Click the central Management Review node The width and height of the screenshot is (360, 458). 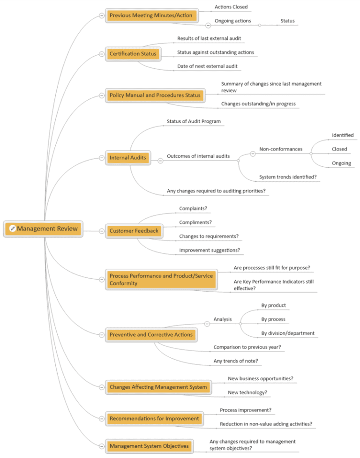(x=44, y=229)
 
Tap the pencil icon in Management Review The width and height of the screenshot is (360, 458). (x=13, y=229)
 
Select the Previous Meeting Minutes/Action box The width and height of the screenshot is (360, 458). (x=150, y=15)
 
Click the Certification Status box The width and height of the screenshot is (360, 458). (x=133, y=54)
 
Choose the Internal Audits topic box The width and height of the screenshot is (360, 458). (x=127, y=158)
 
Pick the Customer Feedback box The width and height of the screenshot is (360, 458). (x=134, y=231)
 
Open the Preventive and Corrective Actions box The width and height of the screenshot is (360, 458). (x=150, y=335)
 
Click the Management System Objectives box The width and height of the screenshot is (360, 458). (x=149, y=446)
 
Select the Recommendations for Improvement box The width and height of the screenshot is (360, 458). (x=154, y=418)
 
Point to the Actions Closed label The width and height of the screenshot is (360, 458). (x=231, y=7)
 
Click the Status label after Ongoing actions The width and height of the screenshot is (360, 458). (x=287, y=21)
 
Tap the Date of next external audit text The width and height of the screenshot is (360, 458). (x=207, y=66)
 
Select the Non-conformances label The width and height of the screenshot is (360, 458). (x=281, y=149)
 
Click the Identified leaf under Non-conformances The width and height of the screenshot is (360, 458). (x=343, y=135)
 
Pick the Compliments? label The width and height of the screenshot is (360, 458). (x=195, y=222)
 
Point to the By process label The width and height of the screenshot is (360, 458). (x=273, y=319)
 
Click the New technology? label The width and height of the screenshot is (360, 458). (x=247, y=392)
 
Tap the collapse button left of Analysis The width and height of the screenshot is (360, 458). (x=207, y=324)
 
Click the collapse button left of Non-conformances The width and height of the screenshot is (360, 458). (x=252, y=153)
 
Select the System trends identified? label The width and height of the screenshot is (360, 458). (x=288, y=177)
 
